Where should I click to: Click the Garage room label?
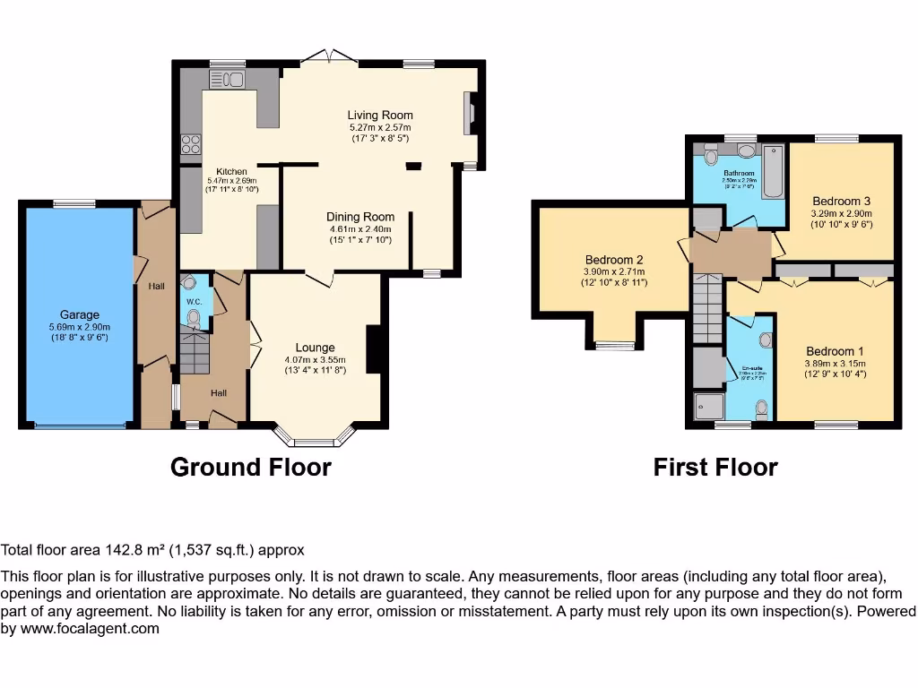click(80, 314)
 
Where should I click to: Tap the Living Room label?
click(381, 115)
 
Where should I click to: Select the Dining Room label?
click(360, 217)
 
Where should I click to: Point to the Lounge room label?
click(315, 348)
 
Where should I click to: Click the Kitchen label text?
click(231, 171)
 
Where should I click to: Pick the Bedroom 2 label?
click(614, 261)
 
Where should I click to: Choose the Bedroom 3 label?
click(841, 202)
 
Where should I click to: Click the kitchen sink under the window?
click(227, 80)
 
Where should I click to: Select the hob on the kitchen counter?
click(191, 143)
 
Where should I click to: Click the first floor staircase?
click(707, 309)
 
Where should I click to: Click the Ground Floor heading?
click(250, 467)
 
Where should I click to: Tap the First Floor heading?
click(714, 467)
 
